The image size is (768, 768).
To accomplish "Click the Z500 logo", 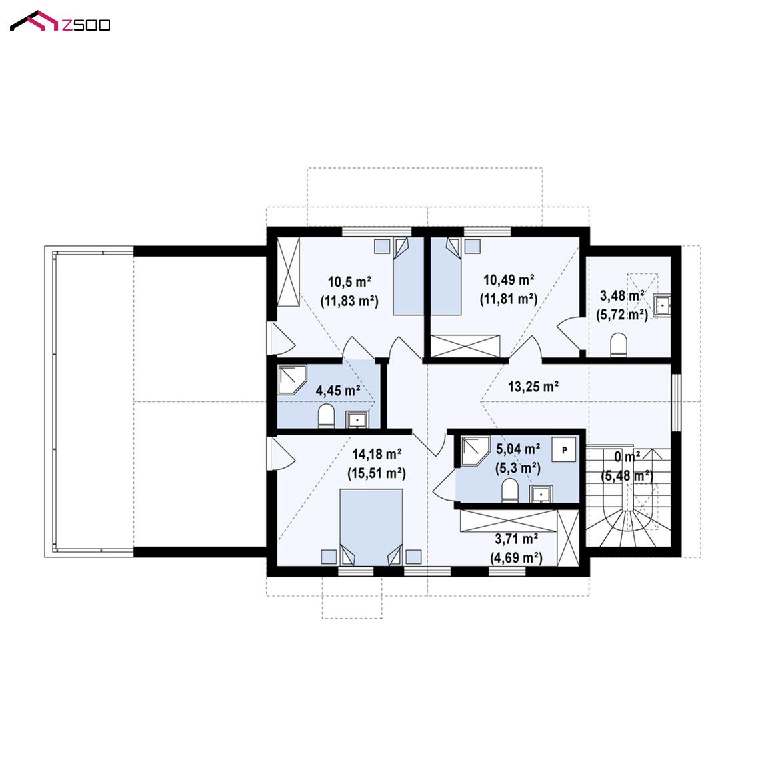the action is pos(60,21).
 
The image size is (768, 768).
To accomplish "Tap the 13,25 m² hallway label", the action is pos(533,387).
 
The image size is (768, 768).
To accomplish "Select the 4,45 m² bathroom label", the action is pos(338,391).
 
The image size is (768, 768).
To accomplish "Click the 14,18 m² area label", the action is pos(377,455).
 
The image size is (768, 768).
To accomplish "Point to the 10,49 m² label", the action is pos(509,280).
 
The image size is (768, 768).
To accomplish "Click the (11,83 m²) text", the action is pos(349,301).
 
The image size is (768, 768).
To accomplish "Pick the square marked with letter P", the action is pos(564,449).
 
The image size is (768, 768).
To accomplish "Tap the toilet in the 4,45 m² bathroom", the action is pos(326,416).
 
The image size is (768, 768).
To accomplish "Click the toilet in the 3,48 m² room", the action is pos(619,345).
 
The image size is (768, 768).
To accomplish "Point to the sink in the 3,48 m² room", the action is pos(662,305).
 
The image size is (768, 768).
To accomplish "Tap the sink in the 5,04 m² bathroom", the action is pos(541,494).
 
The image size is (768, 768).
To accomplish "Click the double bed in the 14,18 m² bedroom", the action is pos(371,527).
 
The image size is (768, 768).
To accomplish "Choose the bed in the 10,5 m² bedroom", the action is pos(409,276).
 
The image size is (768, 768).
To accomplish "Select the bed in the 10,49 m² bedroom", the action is pos(446,276).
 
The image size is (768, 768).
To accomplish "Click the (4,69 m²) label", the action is pos(516,559).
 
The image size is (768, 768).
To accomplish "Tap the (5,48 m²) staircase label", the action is pos(627,476).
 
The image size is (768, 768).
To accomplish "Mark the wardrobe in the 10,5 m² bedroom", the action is pos(288,272).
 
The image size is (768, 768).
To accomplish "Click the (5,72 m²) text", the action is pos(622,315).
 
